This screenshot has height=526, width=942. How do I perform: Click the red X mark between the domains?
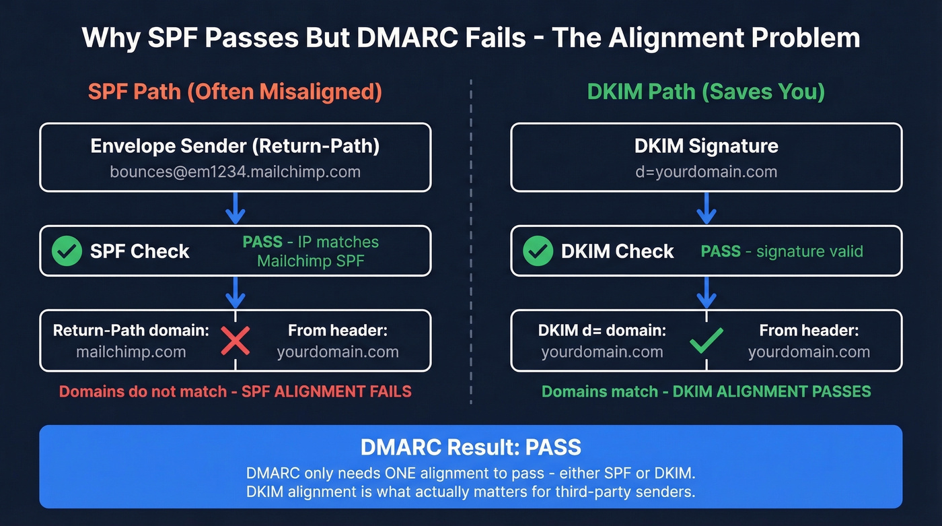[x=235, y=341]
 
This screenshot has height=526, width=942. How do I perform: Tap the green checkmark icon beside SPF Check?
[x=67, y=251]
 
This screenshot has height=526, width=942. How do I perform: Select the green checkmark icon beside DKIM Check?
[x=538, y=251]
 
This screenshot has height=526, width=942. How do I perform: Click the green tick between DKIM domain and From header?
[x=706, y=341]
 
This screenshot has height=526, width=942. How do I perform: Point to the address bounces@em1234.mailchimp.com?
[x=235, y=172]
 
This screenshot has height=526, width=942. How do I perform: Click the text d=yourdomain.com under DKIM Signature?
[x=706, y=172]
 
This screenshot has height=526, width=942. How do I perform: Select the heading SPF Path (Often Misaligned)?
[x=235, y=91]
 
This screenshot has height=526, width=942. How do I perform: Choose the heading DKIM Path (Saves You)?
[x=706, y=91]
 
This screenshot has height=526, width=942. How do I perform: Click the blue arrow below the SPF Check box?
[x=235, y=293]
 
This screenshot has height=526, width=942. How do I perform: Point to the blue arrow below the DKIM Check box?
[x=706, y=293]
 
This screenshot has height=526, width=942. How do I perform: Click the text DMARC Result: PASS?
[x=471, y=447]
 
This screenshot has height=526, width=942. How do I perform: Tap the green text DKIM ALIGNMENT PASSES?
[x=772, y=391]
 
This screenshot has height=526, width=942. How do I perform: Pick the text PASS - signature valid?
[x=782, y=252]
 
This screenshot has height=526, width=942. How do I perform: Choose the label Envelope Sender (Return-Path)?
[x=235, y=146]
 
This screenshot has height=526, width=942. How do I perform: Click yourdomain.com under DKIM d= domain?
[x=602, y=352]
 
